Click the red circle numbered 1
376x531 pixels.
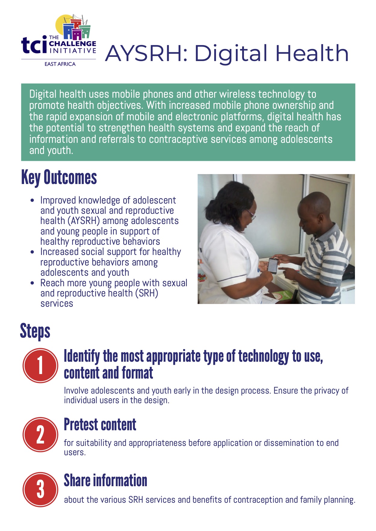coord(40,365)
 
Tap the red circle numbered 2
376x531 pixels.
coord(40,434)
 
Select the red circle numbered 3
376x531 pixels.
coord(40,489)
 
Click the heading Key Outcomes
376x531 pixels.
coord(59,178)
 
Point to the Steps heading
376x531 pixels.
coord(35,331)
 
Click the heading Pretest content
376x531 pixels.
coord(100,425)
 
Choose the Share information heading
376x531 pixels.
coord(105,480)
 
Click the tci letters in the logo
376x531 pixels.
coord(34,45)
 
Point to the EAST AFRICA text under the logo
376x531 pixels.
coord(60,64)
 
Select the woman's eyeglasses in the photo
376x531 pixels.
coord(251,214)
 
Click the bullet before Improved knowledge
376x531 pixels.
coord(32,201)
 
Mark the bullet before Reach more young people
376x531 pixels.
coord(32,283)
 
